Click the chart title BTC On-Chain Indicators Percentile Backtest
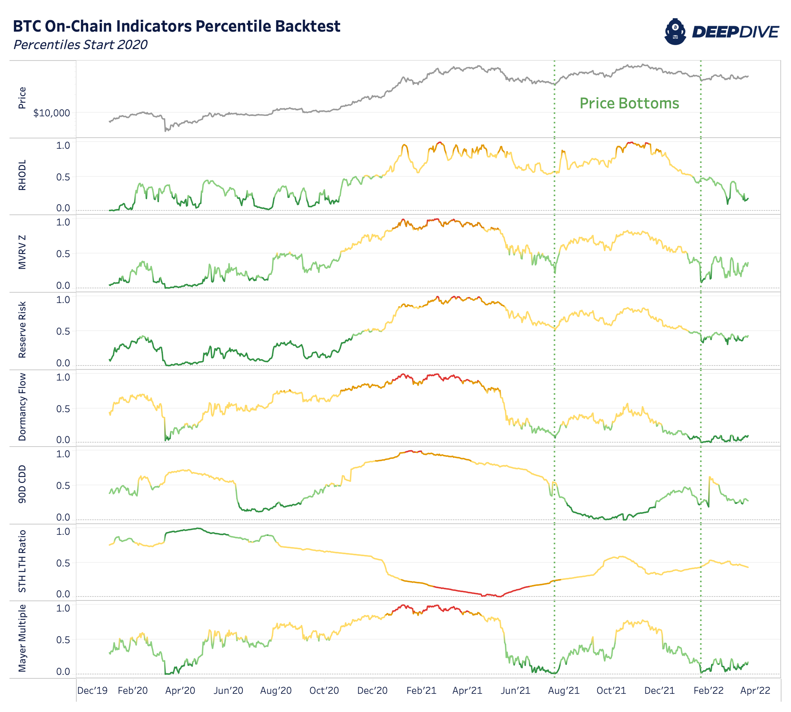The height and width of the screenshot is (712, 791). tap(176, 27)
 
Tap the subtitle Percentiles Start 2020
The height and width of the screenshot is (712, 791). tap(80, 45)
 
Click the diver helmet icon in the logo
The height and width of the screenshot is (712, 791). tap(675, 32)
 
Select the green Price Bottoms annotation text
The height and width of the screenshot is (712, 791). tap(629, 103)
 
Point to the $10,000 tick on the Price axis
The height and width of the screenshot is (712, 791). tap(51, 113)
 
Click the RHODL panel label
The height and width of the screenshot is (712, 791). tap(22, 175)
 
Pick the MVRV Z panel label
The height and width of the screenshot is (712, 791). tap(22, 252)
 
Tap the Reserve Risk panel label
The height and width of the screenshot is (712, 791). tap(22, 329)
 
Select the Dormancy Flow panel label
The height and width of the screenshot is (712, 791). tap(22, 407)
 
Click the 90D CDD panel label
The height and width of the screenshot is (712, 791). tap(22, 484)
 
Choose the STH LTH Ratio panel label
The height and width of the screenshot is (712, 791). tap(22, 561)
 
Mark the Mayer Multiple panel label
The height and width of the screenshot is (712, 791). tap(22, 638)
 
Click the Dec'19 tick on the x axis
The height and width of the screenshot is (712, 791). tap(92, 691)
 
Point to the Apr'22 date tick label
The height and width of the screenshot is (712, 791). tap(755, 691)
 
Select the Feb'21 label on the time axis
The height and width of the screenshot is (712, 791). tap(421, 691)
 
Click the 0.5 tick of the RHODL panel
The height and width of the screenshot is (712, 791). tap(63, 177)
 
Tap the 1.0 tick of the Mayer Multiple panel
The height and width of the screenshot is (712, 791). tap(63, 608)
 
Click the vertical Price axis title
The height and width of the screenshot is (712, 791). tap(22, 98)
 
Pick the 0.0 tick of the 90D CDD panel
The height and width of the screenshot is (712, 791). tap(63, 517)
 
